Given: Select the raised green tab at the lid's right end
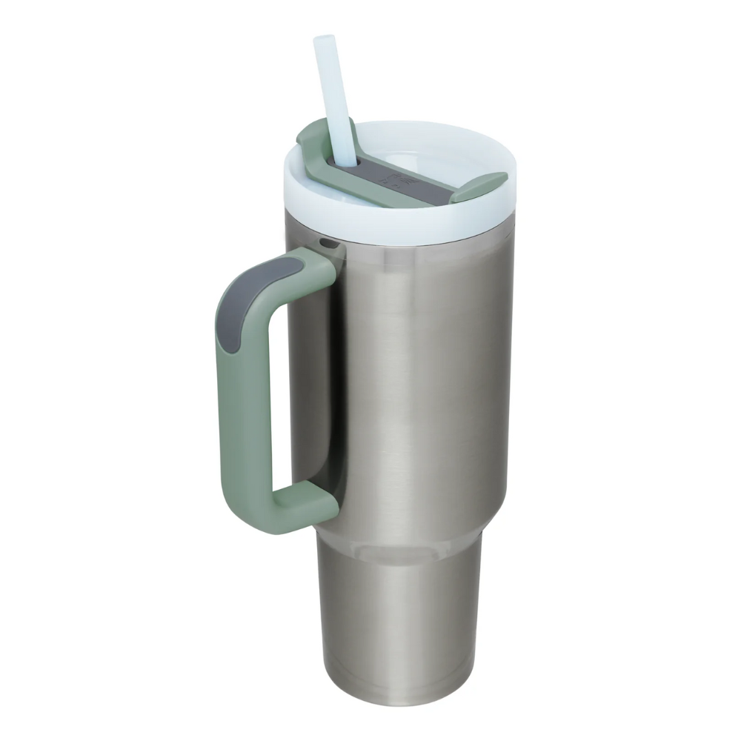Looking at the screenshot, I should click(x=479, y=187).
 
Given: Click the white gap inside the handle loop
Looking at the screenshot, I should click(x=289, y=385).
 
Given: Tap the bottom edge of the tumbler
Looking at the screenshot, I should click(x=400, y=700).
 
